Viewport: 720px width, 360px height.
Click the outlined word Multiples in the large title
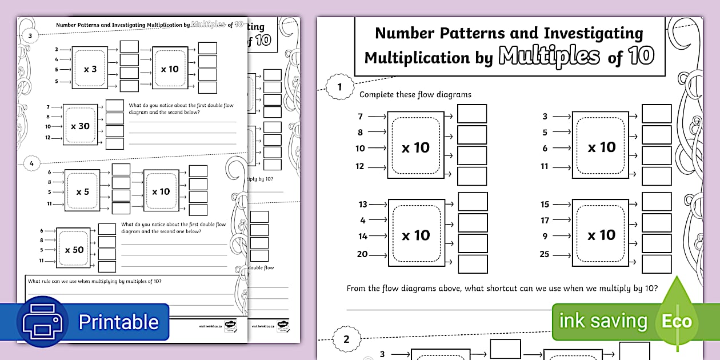[x=549, y=57]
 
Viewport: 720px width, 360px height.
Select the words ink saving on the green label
[x=603, y=321]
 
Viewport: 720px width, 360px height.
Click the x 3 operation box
[x=90, y=69]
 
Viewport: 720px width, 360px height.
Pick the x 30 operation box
[x=80, y=125]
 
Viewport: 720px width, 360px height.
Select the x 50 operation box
[x=74, y=249]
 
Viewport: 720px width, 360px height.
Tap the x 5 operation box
[x=83, y=191]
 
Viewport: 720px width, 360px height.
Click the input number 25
[x=544, y=254]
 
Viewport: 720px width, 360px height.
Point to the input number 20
[x=362, y=254]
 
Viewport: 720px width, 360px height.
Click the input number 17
[x=545, y=220]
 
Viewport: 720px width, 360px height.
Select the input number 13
[x=362, y=204]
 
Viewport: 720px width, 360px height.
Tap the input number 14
[x=363, y=236]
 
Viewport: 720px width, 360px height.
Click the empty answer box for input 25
[x=656, y=264]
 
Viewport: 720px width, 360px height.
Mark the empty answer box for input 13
[x=473, y=202]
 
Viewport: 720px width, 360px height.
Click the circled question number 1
[x=340, y=87]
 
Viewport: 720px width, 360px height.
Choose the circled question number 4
[x=31, y=163]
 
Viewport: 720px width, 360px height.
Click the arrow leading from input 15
[x=562, y=204]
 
